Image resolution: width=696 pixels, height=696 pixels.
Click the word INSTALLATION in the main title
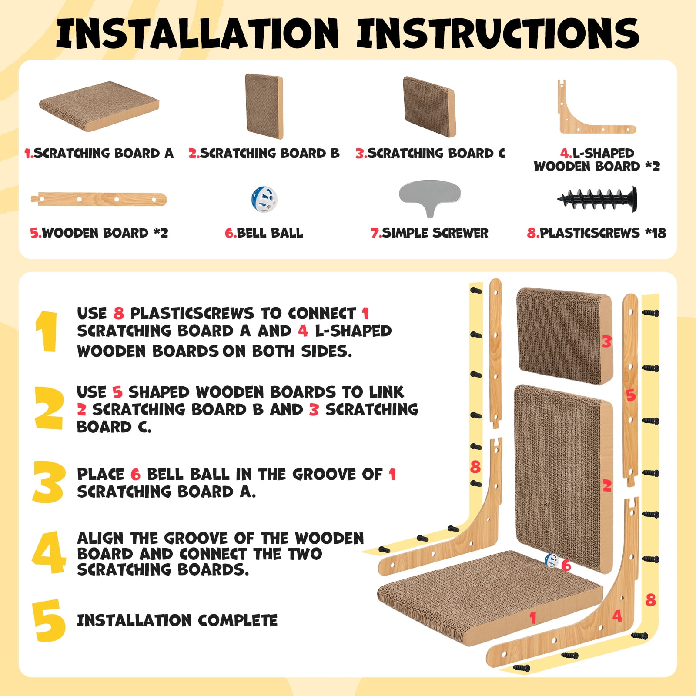coord(197,33)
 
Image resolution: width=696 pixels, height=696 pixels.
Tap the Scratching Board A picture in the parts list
coord(99,106)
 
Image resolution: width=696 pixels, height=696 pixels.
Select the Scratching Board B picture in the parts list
coord(264,106)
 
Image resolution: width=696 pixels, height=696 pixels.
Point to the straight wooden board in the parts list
coord(99,199)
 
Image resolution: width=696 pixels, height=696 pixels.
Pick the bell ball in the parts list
coord(264,199)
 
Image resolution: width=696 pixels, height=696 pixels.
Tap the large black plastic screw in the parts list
coord(597,200)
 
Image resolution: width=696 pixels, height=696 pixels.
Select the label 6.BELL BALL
coord(264,233)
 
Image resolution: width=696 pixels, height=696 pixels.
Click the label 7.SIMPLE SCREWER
coord(429,233)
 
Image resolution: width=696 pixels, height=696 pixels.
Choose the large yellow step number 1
coord(47,331)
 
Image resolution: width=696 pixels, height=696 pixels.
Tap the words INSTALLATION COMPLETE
coord(177,620)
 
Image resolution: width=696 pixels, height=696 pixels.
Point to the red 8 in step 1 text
coord(118,313)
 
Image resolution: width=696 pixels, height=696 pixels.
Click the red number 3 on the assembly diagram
coord(607,341)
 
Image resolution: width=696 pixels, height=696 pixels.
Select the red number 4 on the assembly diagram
coord(617,616)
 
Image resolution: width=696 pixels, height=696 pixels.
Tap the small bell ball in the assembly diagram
coord(552,561)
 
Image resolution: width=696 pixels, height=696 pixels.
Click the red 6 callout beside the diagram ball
coord(566,565)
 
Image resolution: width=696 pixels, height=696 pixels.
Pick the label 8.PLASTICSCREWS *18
coord(596,233)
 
